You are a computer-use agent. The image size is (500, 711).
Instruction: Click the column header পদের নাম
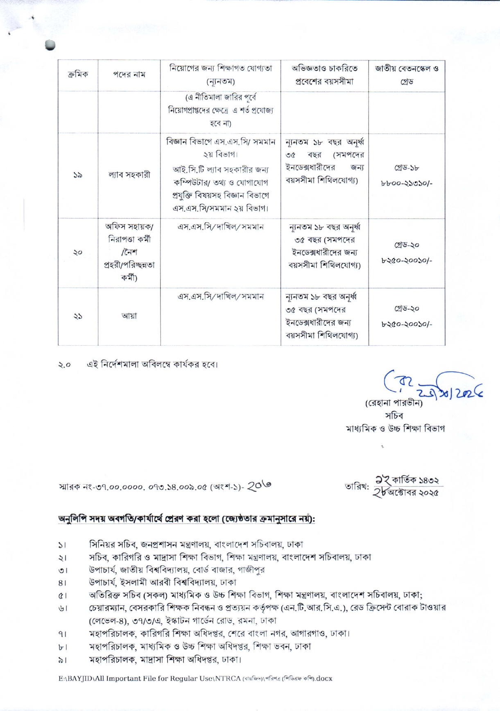tap(129, 75)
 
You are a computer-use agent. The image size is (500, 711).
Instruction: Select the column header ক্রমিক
tap(77, 75)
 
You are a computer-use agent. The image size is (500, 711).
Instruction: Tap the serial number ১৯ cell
tap(77, 175)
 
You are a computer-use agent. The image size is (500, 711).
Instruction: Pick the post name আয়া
tap(129, 316)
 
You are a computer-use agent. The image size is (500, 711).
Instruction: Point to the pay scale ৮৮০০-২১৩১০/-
tap(407, 183)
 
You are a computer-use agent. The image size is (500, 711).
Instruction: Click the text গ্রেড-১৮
tap(407, 168)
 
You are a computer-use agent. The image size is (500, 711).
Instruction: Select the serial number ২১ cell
tap(77, 316)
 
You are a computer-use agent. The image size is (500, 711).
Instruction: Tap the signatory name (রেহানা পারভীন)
tap(393, 403)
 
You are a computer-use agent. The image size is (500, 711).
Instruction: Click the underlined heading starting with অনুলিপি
tap(186, 519)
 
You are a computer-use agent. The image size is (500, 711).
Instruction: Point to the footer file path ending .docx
tap(195, 678)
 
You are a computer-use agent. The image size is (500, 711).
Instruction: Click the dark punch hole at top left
tap(50, 45)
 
